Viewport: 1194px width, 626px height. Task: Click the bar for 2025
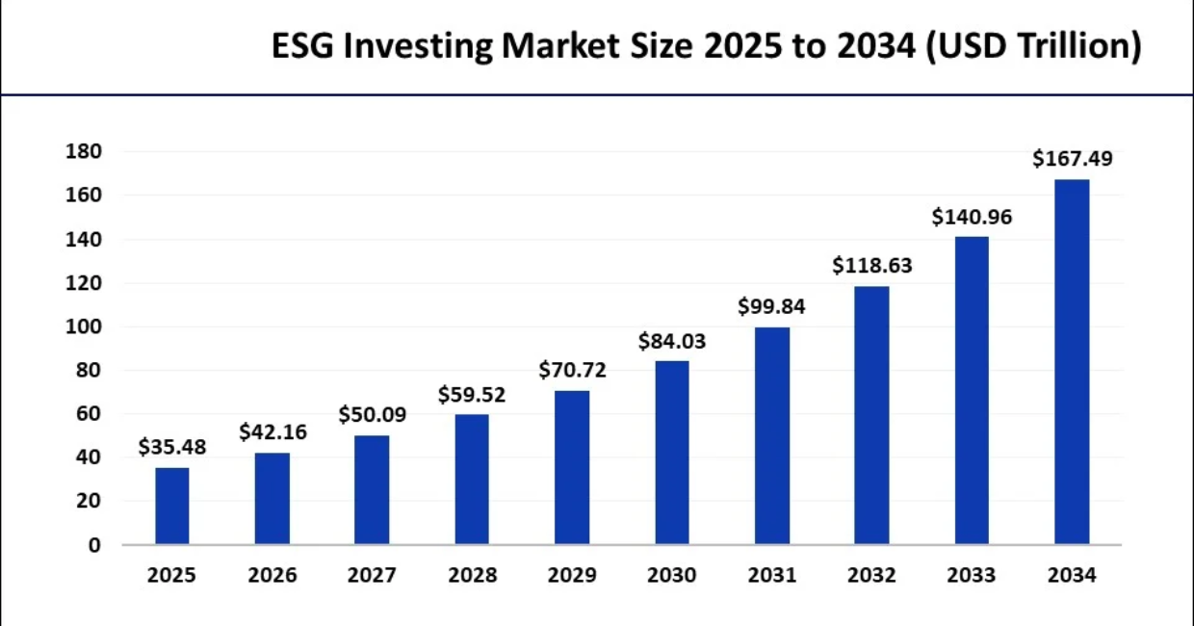tap(172, 506)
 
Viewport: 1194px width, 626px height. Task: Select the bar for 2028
tap(472, 480)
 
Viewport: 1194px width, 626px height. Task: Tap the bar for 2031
tap(772, 436)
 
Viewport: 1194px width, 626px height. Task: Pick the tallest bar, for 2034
tap(1072, 362)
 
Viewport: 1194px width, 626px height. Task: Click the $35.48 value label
tap(171, 447)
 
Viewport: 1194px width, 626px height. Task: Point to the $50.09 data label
tap(372, 415)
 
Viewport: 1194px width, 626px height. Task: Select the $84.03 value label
tap(671, 341)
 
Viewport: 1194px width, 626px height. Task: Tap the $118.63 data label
tap(872, 266)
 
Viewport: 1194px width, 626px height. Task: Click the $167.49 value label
tap(1072, 159)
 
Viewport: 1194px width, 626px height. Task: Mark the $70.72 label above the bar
tap(572, 370)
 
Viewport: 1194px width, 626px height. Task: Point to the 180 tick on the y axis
tap(83, 152)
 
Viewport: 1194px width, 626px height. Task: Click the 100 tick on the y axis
tap(83, 326)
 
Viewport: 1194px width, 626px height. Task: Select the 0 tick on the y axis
tap(94, 545)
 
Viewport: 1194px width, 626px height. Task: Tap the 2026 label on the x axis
tap(273, 576)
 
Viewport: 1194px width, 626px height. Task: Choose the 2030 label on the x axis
tap(671, 576)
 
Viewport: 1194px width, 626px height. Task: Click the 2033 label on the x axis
tap(972, 576)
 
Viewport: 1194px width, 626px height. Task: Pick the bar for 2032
tap(872, 415)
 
